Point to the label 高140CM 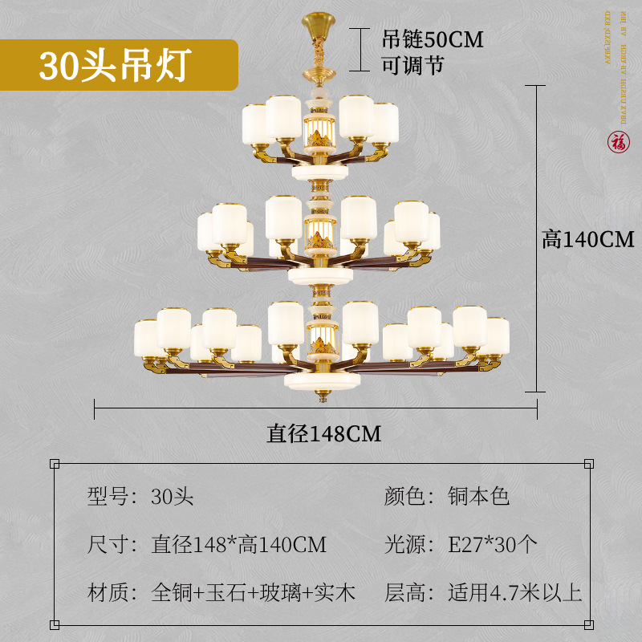587,239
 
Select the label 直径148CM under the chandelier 323,433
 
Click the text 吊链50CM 432,39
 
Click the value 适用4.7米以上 514,593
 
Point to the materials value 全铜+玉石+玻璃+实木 253,593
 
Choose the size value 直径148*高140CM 239,545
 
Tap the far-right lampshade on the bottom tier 495,338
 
